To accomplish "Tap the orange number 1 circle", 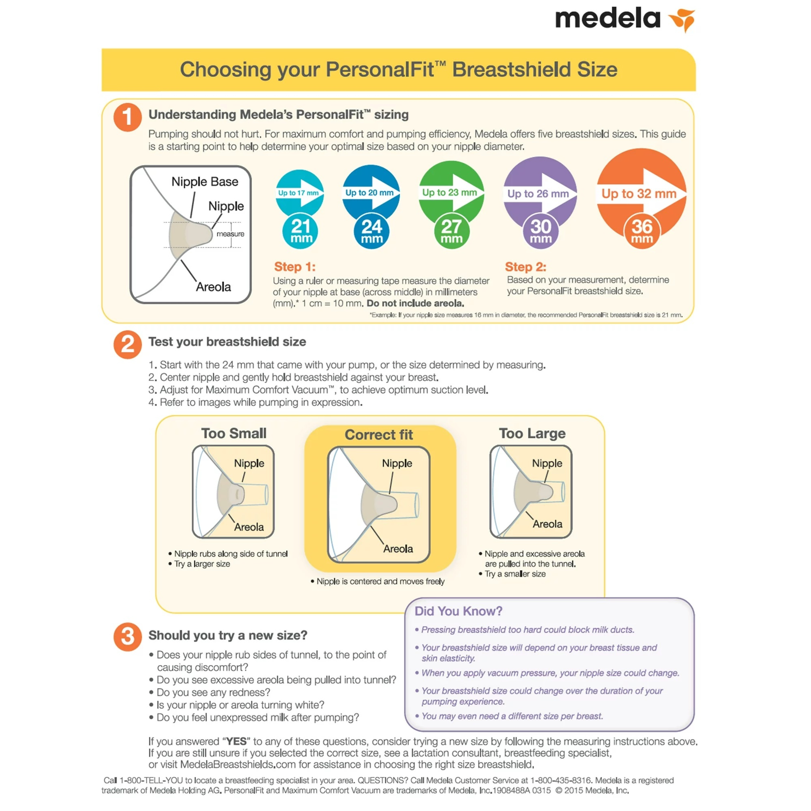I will (128, 118).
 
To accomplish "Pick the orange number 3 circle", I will (128, 636).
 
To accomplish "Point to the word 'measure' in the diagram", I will (230, 234).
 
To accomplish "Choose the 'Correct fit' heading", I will (379, 434).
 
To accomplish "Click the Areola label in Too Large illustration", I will (547, 524).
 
